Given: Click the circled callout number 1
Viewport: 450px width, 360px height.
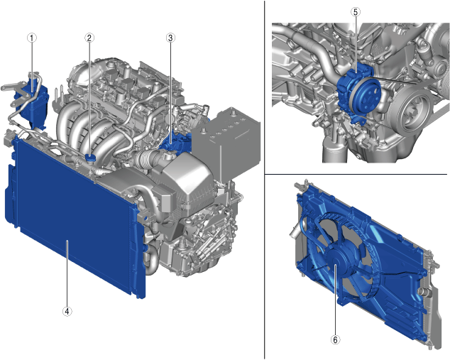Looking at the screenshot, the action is tap(32, 38).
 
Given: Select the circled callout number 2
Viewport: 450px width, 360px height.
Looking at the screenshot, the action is tap(89, 38).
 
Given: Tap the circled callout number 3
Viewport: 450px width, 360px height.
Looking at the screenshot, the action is tap(170, 38).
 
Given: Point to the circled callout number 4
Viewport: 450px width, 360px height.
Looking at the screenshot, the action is tap(67, 311).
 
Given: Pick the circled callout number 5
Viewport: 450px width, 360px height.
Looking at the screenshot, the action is tap(356, 12).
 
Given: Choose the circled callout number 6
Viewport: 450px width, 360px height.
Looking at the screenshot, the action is tap(335, 340).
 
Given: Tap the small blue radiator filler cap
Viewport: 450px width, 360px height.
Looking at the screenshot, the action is tap(91, 158).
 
